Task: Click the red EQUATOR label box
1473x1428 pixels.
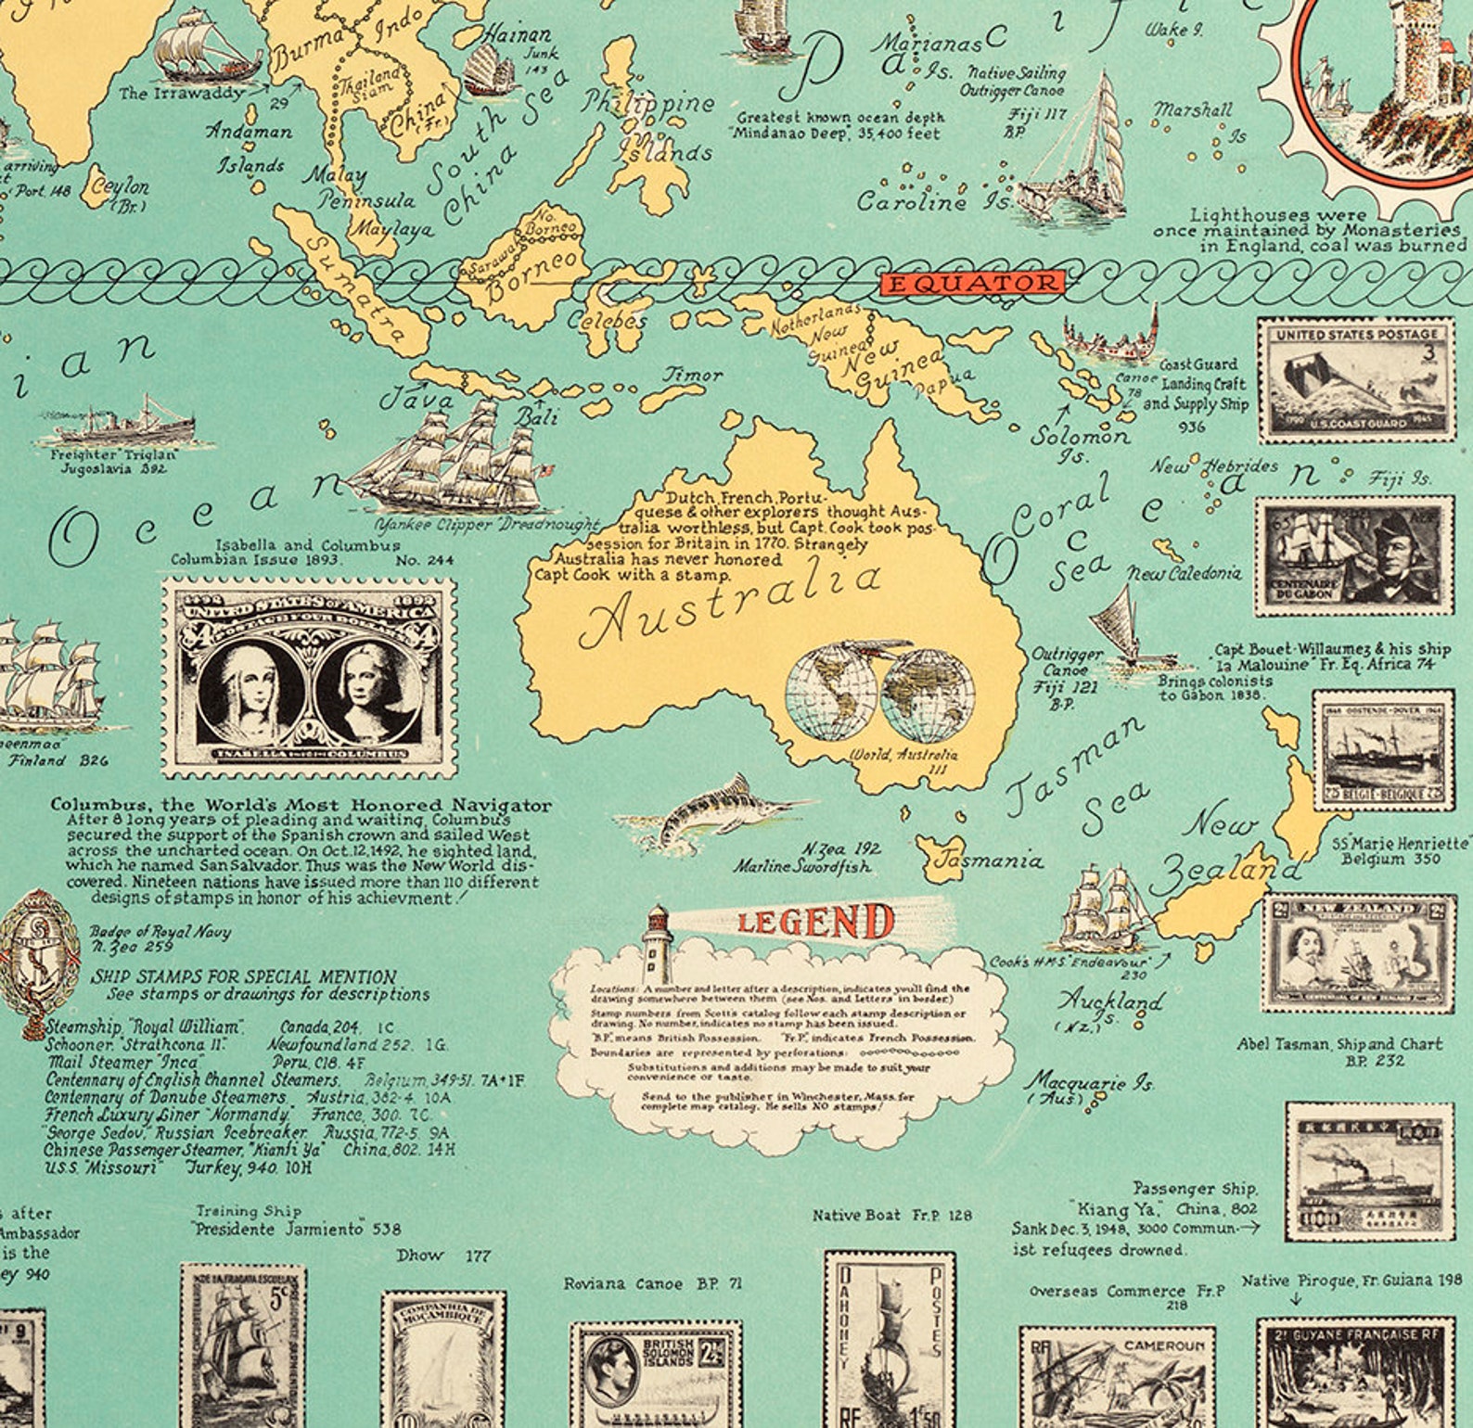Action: [x=970, y=284]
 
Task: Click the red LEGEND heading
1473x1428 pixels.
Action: [x=815, y=923]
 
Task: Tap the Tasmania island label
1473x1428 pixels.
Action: [x=988, y=861]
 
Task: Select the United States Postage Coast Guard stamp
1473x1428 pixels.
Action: [x=1354, y=379]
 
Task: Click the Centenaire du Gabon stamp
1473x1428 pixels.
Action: [x=1354, y=555]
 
